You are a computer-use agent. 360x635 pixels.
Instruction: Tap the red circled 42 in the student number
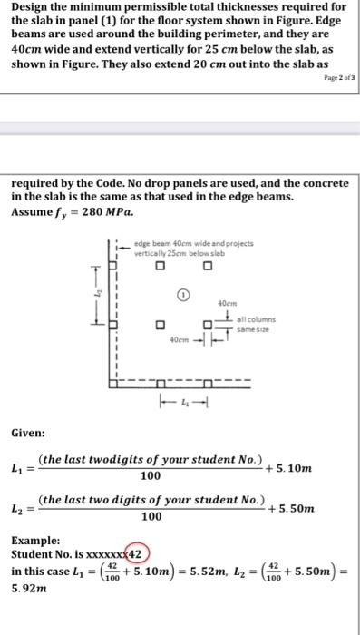pyautogui.click(x=134, y=552)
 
